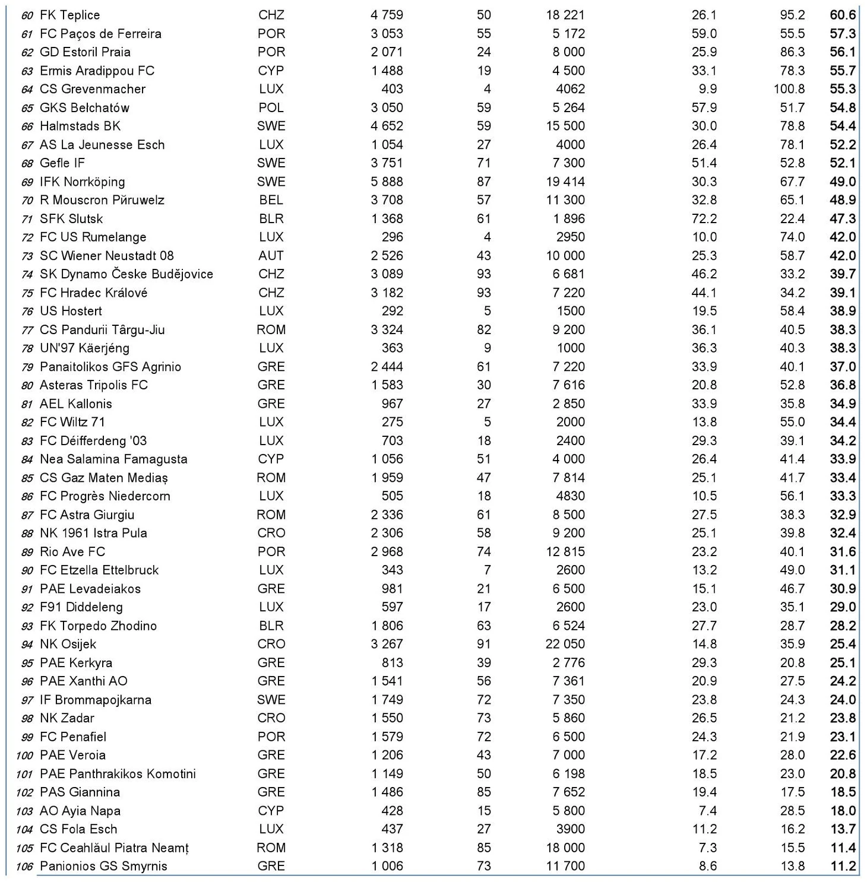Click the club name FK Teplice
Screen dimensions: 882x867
click(69, 15)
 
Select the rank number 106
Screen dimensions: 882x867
click(24, 867)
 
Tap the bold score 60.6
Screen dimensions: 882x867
click(843, 15)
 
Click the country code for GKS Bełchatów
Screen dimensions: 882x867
click(271, 108)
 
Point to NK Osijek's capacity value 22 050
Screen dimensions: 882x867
click(565, 644)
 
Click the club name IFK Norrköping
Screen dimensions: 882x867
click(82, 182)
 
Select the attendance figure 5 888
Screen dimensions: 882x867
click(387, 182)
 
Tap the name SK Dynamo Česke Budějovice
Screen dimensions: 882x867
click(126, 274)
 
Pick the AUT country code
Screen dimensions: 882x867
click(271, 256)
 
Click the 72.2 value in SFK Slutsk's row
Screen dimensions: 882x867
click(704, 219)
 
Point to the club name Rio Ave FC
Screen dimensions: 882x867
click(72, 552)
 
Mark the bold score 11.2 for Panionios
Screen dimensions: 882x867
click(843, 867)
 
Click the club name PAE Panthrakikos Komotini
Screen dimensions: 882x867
click(118, 774)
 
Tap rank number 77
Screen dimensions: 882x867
click(27, 330)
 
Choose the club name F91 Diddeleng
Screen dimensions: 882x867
click(81, 607)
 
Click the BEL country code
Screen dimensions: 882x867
click(271, 200)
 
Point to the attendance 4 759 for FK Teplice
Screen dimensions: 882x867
click(387, 15)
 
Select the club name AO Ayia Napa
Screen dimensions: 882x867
click(80, 811)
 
